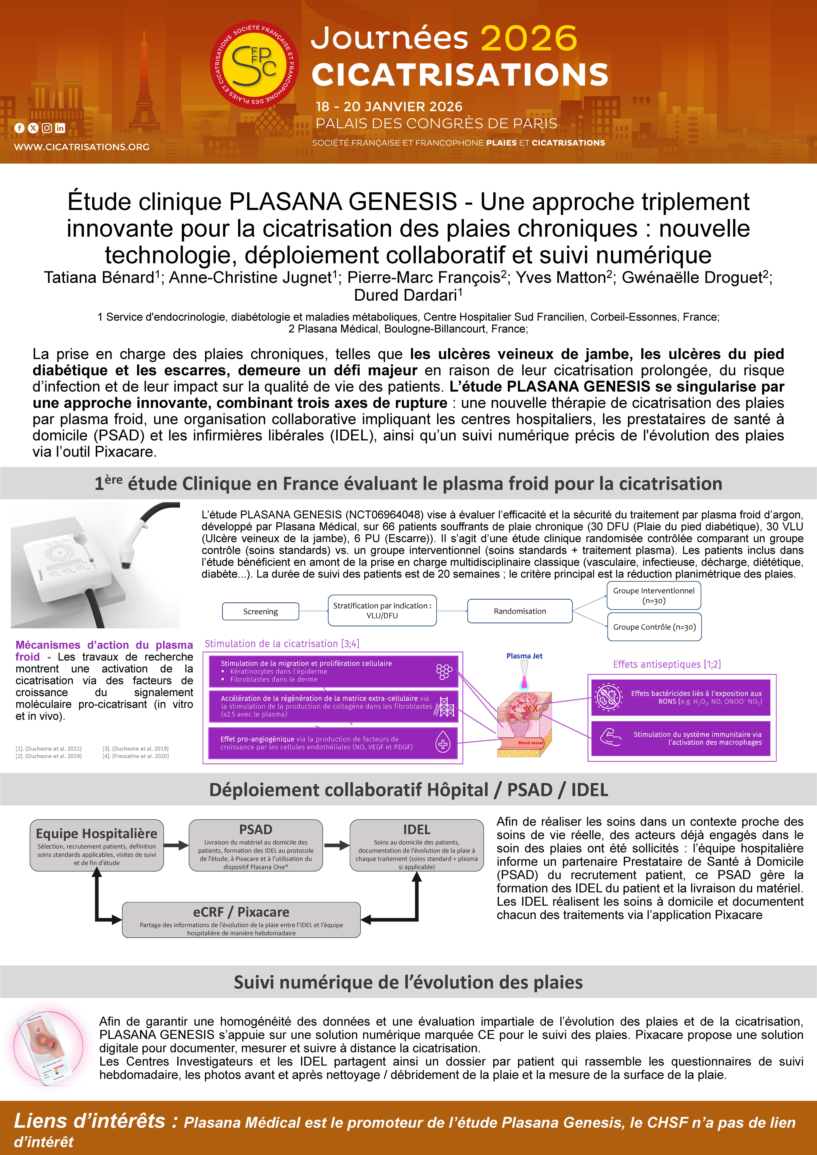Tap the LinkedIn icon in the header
pos(60,128)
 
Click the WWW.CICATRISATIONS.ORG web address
pos(82,147)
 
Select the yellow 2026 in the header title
pos(528,39)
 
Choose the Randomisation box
pos(520,611)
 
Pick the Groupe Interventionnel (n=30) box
pos(654,596)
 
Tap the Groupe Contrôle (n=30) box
pos(654,627)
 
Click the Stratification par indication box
pos(382,610)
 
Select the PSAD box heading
pos(256,830)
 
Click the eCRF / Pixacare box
pos(241,920)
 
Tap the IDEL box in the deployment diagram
pos(417,845)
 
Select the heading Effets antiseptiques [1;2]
pos(667,664)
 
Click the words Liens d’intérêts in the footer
pos(90,1121)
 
